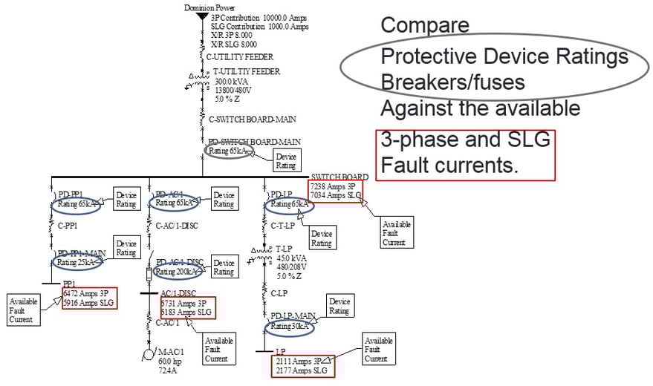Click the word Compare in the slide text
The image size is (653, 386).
click(x=425, y=24)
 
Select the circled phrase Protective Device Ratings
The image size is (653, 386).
click(x=504, y=56)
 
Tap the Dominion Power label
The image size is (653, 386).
click(x=209, y=7)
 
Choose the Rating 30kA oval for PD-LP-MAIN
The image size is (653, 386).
click(x=290, y=326)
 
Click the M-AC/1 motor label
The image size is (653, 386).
click(x=172, y=351)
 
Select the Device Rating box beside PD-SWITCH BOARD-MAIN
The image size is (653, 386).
click(x=286, y=161)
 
